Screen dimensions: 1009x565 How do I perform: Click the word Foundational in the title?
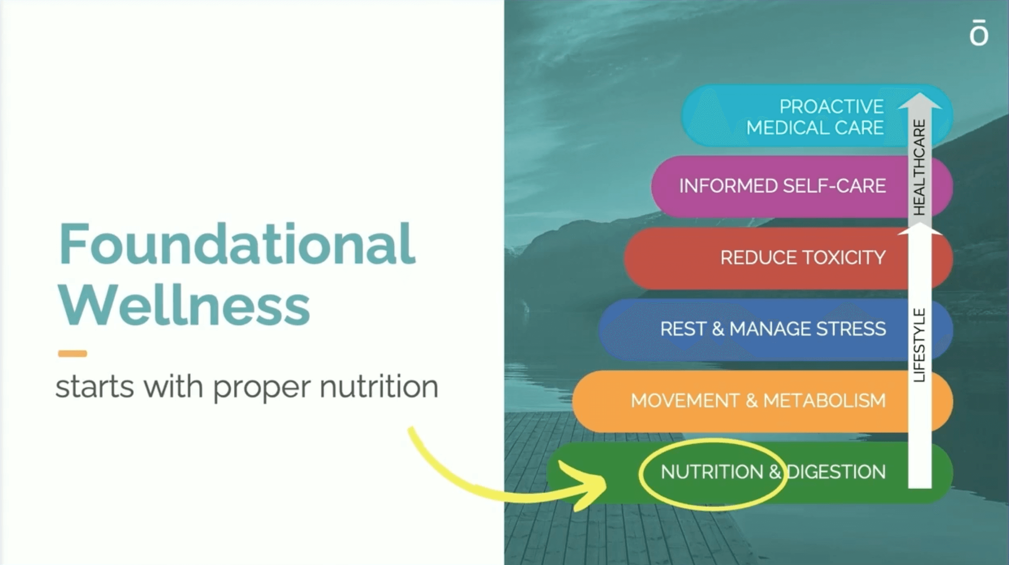(x=237, y=244)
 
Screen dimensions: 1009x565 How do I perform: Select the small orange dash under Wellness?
(x=72, y=354)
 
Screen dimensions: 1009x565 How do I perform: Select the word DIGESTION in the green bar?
(x=836, y=472)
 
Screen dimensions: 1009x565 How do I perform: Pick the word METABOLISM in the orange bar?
(x=824, y=400)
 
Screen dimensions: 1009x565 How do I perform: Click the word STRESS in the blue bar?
(x=851, y=329)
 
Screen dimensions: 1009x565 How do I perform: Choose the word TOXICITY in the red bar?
(x=844, y=257)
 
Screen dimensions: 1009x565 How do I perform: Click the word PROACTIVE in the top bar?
(x=832, y=107)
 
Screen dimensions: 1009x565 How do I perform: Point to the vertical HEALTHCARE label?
(x=919, y=167)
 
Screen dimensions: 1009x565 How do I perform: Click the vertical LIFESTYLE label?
(x=919, y=345)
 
